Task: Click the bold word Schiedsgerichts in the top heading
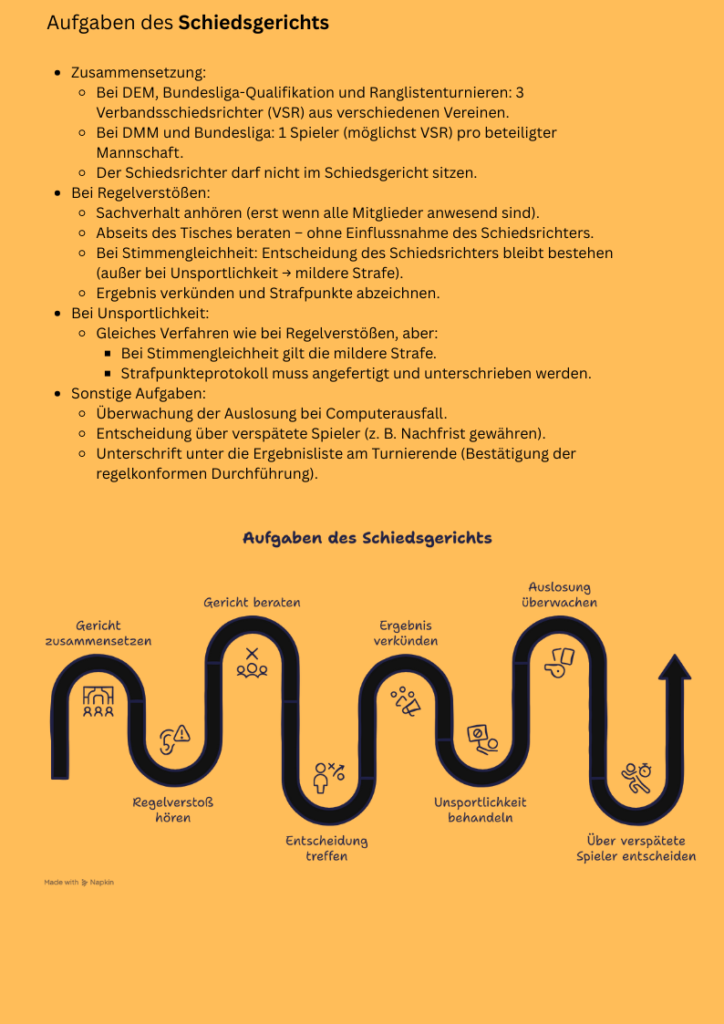253,23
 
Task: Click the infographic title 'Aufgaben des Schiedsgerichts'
367,538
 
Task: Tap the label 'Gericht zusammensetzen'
98,634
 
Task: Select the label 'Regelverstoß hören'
173,810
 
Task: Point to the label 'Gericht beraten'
252,603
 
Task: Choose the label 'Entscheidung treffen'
326,848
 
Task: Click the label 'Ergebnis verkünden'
406,634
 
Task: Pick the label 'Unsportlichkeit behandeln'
480,810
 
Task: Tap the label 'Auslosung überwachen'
560,595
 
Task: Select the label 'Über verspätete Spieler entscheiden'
636,848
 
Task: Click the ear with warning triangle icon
174,739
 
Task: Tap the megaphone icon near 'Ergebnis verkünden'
406,700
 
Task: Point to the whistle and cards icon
559,662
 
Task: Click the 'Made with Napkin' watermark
79,883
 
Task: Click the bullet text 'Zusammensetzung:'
140,73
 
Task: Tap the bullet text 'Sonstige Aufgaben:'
140,394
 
